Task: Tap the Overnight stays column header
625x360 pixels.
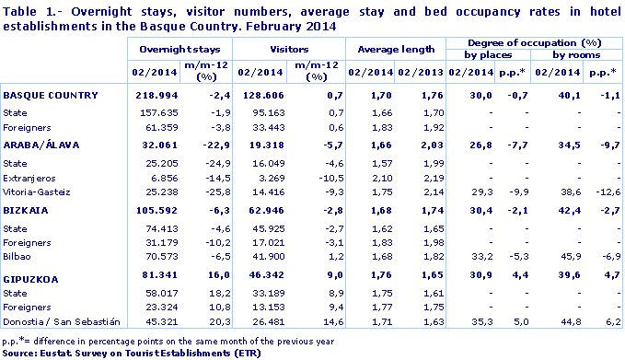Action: pyautogui.click(x=176, y=46)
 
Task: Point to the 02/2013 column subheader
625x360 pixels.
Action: pyautogui.click(x=418, y=71)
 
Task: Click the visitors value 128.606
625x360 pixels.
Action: pyautogui.click(x=259, y=95)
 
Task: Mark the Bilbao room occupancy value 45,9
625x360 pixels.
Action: pyautogui.click(x=562, y=255)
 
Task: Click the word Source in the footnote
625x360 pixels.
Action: pyautogui.click(x=17, y=352)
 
